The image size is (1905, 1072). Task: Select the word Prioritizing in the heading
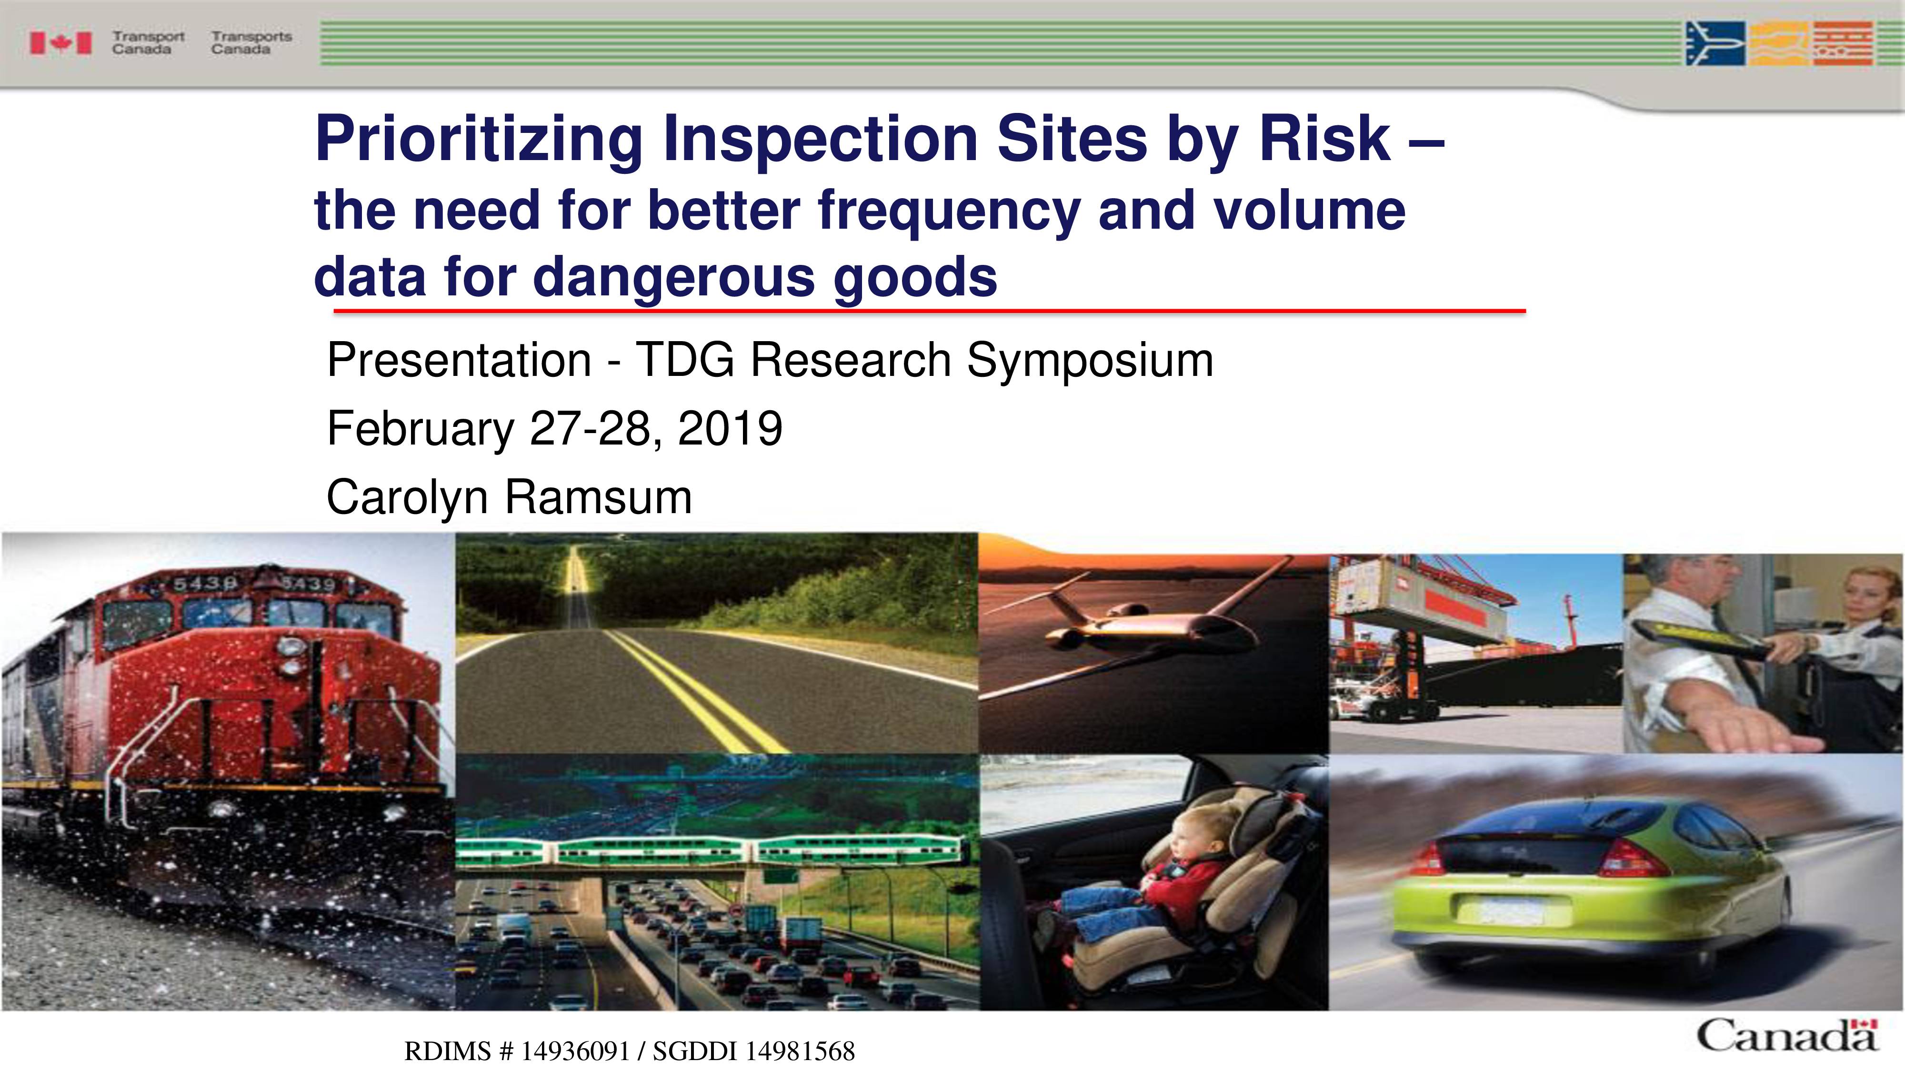pos(479,141)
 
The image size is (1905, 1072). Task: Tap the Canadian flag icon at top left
pos(60,43)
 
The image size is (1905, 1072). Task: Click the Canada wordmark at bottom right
pos(1787,1035)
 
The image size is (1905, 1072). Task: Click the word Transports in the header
pos(251,36)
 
